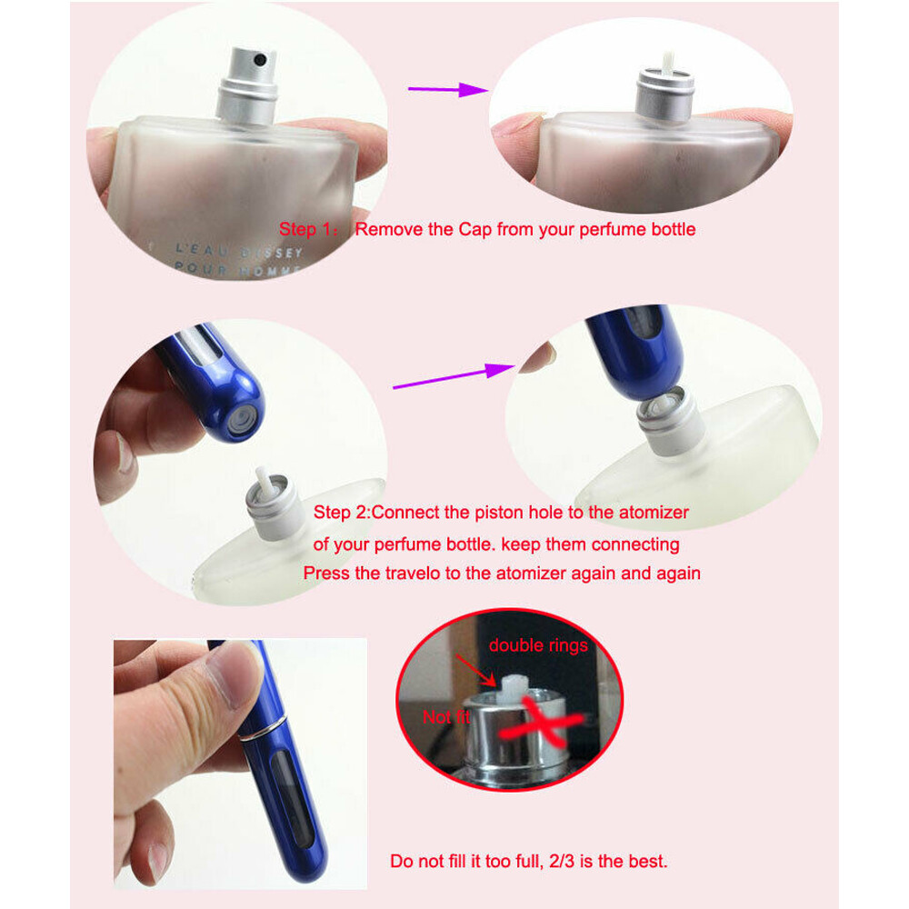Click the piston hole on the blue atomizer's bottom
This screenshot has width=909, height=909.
pos(241,419)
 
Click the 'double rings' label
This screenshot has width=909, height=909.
pos(538,645)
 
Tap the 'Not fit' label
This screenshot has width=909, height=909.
pos(447,717)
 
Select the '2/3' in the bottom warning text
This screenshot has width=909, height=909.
pos(556,861)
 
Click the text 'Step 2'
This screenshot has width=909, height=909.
pos(340,513)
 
